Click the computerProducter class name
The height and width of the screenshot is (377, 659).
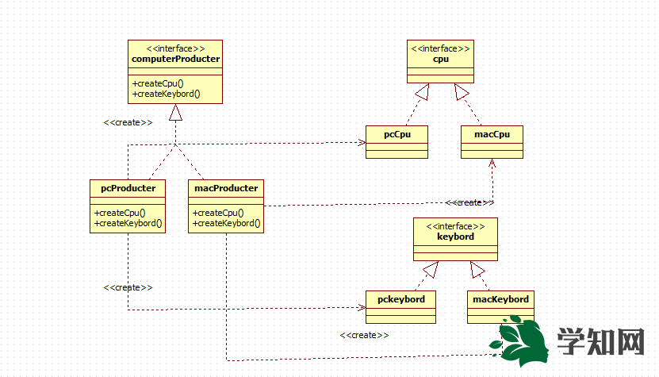click(x=174, y=59)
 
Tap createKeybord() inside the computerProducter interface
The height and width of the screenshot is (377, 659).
click(x=167, y=94)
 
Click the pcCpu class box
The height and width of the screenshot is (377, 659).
click(x=397, y=141)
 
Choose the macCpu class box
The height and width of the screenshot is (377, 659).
click(x=492, y=141)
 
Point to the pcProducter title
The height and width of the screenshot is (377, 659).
click(x=128, y=188)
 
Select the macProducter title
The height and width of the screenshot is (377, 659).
click(x=225, y=188)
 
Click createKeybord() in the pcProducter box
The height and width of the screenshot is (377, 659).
click(x=128, y=223)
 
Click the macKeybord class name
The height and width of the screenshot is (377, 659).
click(x=500, y=299)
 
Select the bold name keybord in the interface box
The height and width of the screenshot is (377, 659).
click(x=455, y=237)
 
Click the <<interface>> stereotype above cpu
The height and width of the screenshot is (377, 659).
click(x=440, y=48)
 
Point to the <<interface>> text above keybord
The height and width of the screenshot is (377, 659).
click(x=455, y=226)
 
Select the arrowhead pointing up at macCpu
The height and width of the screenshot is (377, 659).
click(x=492, y=163)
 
